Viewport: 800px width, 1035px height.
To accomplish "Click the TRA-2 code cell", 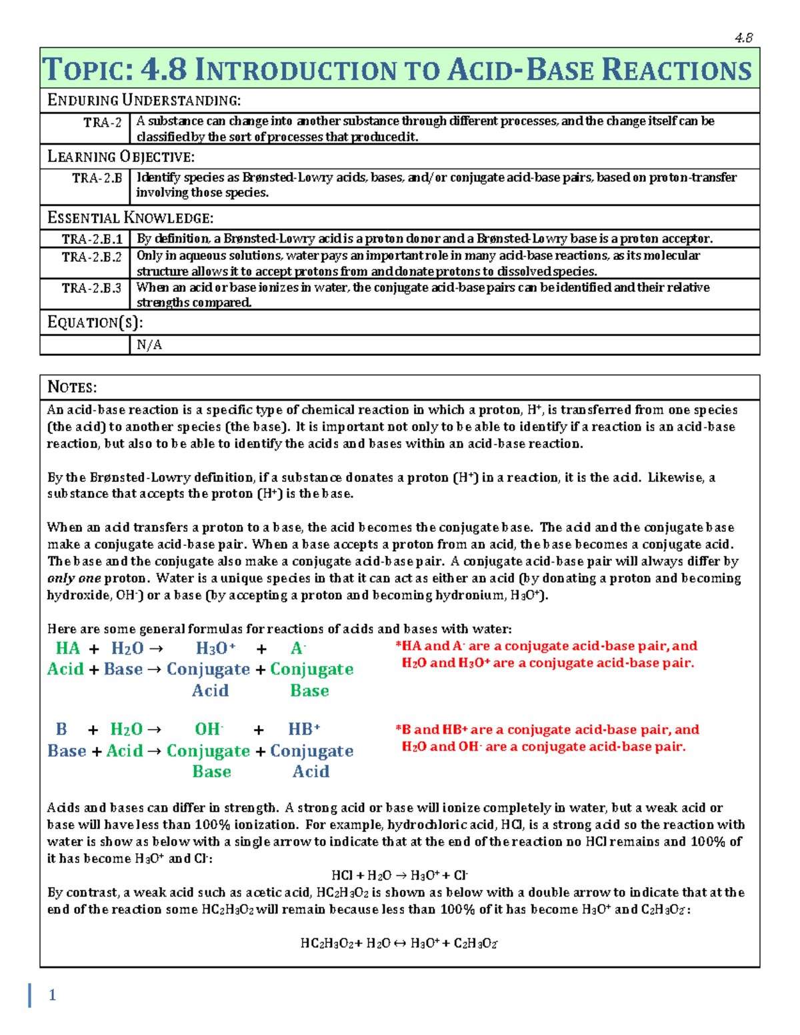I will click(102, 122).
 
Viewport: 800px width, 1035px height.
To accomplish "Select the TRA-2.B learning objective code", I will click(97, 178).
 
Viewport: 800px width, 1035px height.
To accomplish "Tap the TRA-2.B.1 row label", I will click(92, 239).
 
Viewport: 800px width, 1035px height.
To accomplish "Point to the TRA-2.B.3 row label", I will click(92, 288).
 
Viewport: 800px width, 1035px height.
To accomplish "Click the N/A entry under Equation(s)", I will click(149, 345).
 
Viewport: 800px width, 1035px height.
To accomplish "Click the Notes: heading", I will click(72, 387).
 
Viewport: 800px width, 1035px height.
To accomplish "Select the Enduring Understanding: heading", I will click(144, 101).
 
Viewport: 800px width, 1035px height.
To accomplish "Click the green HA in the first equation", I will click(67, 648).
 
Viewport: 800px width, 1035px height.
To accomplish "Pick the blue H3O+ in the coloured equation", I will click(215, 648).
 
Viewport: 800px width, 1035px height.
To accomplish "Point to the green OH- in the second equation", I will click(209, 729).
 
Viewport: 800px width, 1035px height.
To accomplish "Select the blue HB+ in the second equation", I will click(304, 729).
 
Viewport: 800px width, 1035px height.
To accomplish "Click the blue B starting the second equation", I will click(61, 729).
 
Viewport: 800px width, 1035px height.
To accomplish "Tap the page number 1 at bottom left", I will click(52, 995).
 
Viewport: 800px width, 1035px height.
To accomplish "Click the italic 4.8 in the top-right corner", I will click(743, 38).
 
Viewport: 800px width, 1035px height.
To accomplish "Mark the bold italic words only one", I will click(74, 578).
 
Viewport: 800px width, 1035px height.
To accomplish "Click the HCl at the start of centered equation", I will click(341, 876).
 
